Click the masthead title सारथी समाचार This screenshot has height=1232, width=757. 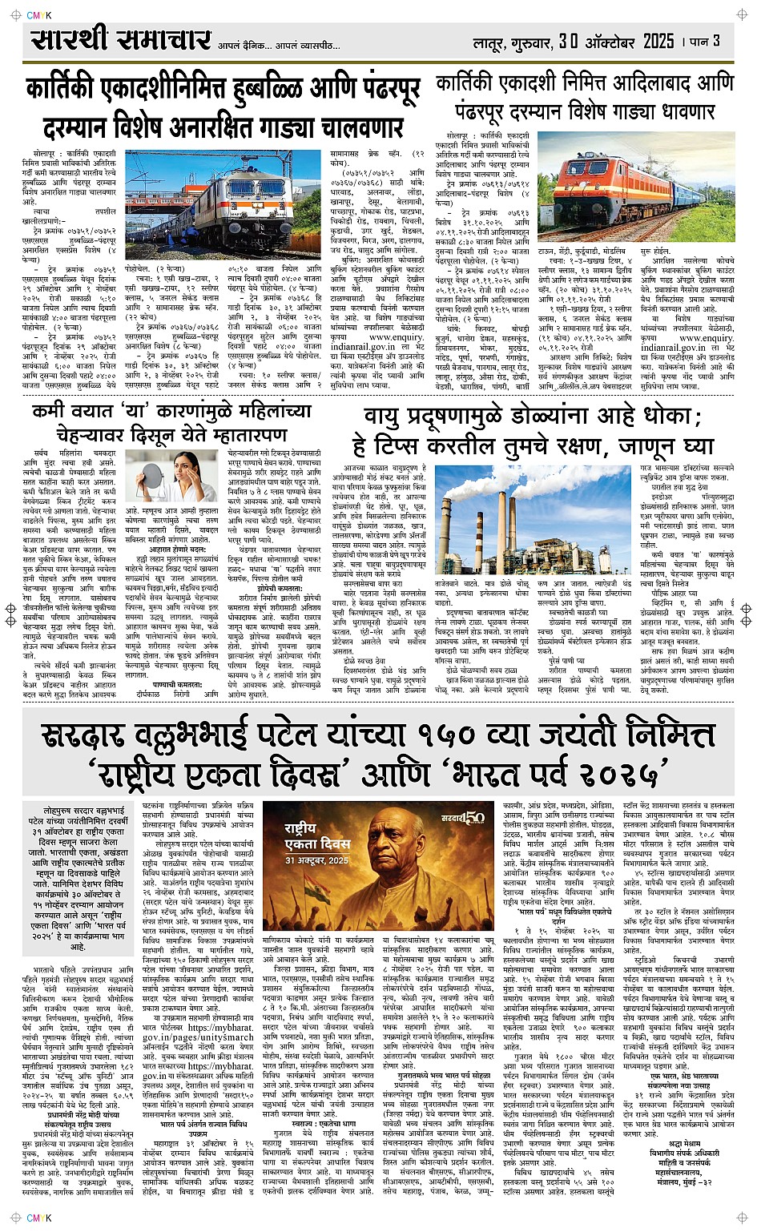[x=120, y=40]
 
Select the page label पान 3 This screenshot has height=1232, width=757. [x=706, y=41]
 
